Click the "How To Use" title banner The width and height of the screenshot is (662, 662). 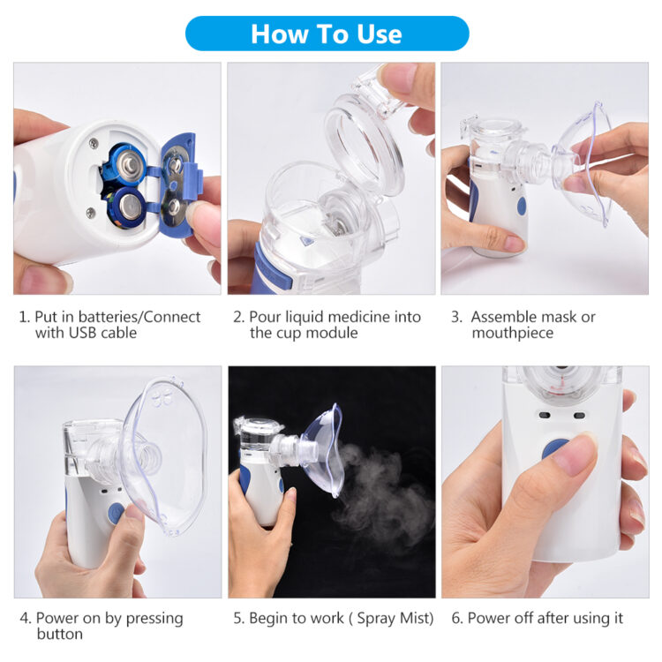coord(327,34)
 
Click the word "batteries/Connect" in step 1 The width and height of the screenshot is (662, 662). coord(146,316)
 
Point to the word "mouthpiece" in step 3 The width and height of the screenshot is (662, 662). coord(512,333)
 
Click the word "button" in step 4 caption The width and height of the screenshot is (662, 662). coord(59,634)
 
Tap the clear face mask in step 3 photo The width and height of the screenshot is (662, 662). coord(587,163)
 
